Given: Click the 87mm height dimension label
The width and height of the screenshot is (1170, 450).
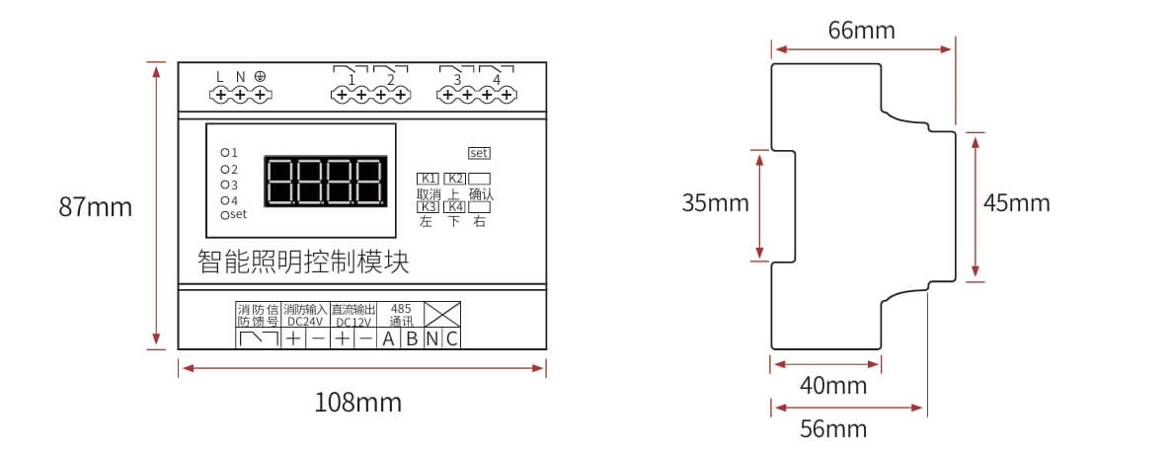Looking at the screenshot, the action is pyautogui.click(x=96, y=207).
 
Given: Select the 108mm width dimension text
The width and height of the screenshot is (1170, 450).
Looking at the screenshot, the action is pyautogui.click(x=357, y=403).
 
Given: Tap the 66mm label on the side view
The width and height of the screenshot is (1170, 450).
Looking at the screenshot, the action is pyautogui.click(x=862, y=31).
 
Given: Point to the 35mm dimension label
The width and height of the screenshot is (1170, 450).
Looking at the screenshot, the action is pyautogui.click(x=716, y=203).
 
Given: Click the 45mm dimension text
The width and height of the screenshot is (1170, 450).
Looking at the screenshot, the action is pyautogui.click(x=1016, y=203).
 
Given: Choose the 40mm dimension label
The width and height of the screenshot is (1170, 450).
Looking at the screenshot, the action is pyautogui.click(x=833, y=386).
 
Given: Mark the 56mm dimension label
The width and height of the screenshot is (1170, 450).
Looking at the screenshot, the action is pyautogui.click(x=833, y=429).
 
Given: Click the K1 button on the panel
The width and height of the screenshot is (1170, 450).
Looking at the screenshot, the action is pyautogui.click(x=429, y=179).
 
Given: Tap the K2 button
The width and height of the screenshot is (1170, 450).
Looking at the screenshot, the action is pyautogui.click(x=454, y=179).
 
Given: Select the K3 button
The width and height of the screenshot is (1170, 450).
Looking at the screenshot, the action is pyautogui.click(x=429, y=207).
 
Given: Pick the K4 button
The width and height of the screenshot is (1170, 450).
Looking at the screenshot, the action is pyautogui.click(x=454, y=207).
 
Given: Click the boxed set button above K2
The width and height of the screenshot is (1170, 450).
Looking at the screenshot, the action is pyautogui.click(x=479, y=153).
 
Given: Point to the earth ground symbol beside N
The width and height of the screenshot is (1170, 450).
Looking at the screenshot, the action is pyautogui.click(x=261, y=76).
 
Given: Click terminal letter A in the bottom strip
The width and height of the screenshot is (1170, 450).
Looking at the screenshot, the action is pyautogui.click(x=388, y=339).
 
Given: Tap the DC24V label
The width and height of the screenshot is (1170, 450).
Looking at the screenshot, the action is pyautogui.click(x=305, y=322).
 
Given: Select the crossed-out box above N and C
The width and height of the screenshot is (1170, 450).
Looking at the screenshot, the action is pyautogui.click(x=442, y=314).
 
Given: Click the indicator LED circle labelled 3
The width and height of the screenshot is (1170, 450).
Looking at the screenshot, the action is pyautogui.click(x=224, y=185).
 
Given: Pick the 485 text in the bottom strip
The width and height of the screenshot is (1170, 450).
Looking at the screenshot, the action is pyautogui.click(x=401, y=308).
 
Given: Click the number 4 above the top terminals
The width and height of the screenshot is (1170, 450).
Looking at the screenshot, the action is pyautogui.click(x=497, y=80).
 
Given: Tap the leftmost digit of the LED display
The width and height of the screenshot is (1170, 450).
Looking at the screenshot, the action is pyautogui.click(x=281, y=182).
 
